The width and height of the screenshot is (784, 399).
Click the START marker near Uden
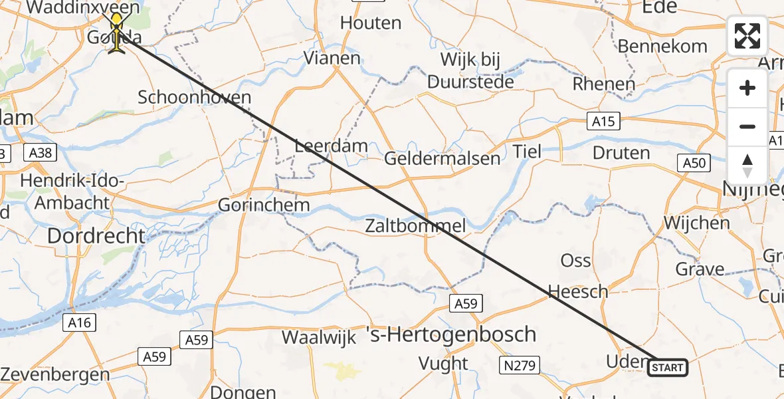(x=667, y=367)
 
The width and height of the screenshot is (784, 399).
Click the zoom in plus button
(x=747, y=88)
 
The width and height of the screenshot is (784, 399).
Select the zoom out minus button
(x=747, y=126)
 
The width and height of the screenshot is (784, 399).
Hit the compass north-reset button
(x=747, y=165)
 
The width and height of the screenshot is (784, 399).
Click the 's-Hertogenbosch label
(x=451, y=334)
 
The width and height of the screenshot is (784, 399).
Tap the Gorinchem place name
(x=264, y=205)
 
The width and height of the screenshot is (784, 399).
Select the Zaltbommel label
(x=415, y=226)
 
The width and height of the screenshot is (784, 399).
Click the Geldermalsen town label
(x=442, y=158)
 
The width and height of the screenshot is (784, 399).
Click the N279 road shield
(x=521, y=364)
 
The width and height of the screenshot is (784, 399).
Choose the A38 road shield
(x=41, y=152)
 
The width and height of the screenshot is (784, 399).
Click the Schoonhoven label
(x=194, y=97)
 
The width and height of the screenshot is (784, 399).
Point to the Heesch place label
(x=577, y=291)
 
